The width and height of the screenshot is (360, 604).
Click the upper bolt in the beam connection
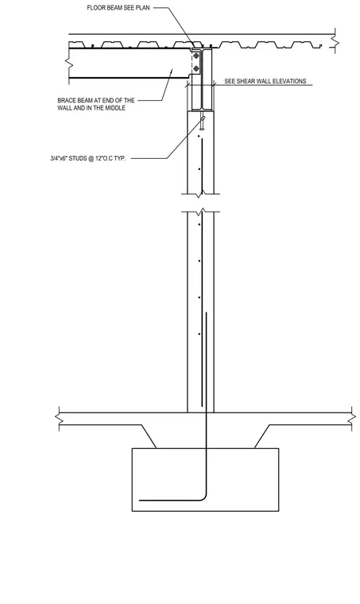click(x=196, y=57)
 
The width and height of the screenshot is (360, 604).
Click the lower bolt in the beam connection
click(x=196, y=68)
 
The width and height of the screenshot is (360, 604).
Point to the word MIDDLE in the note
click(x=115, y=108)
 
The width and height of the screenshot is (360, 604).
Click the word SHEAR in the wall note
click(x=246, y=81)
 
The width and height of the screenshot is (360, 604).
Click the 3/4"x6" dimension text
click(x=60, y=158)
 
